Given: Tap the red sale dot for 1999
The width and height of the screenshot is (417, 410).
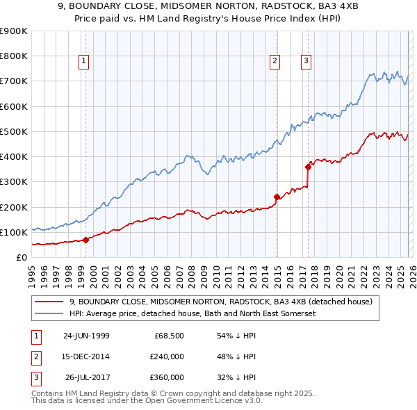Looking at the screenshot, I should tap(85, 240).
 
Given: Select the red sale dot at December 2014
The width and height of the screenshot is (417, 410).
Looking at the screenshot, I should tap(277, 197).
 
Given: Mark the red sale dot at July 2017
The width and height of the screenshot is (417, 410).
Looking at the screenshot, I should tap(308, 167).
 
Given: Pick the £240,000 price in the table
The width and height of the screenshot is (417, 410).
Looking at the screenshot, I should tap(167, 356).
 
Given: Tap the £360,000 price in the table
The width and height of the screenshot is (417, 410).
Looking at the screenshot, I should tap(167, 377).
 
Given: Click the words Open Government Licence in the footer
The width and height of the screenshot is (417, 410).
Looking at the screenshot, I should tap(205, 401).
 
